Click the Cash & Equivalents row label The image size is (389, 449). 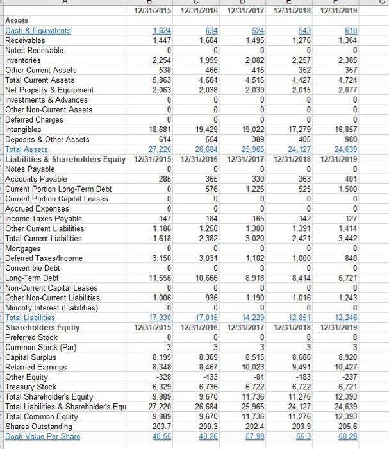pos(38,30)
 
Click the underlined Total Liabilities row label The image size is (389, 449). pos(30,318)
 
